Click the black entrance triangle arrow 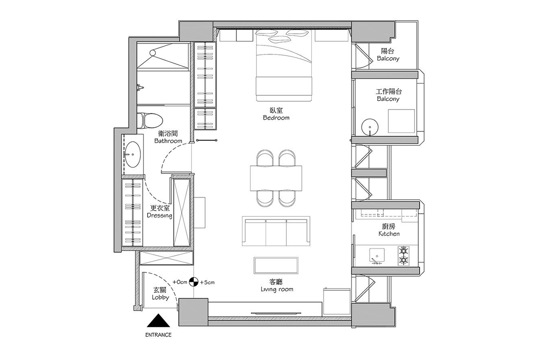click(x=158, y=320)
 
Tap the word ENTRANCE click(x=158, y=335)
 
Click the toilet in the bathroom click(x=150, y=121)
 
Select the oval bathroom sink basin click(x=133, y=154)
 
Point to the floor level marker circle click(x=193, y=282)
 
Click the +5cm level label click(x=207, y=282)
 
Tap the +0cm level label click(x=180, y=282)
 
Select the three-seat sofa click(x=276, y=231)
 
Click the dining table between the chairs click(x=276, y=178)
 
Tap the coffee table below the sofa click(x=276, y=265)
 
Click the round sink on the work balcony click(x=370, y=127)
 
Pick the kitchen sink click(x=377, y=256)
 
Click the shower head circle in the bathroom click(x=153, y=53)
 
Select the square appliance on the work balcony click(x=401, y=121)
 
